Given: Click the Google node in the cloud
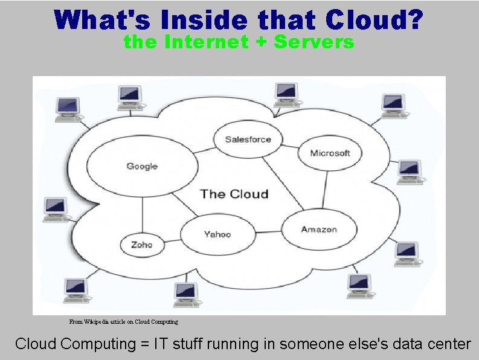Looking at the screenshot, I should point(142,166).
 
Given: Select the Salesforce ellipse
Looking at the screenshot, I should point(248,140).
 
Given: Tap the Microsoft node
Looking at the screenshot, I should point(329,153).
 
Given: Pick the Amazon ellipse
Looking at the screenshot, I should point(319,230).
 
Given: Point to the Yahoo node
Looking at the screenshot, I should point(217,234).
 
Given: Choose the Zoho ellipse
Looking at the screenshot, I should point(141,245).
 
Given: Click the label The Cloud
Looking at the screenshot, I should point(234,194).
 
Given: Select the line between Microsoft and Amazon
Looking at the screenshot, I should point(325,189).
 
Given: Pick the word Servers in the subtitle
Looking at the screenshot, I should point(317,42).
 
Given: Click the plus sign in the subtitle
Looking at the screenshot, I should point(262,43).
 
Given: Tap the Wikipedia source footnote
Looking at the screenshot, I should point(124,322).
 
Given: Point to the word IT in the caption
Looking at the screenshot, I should point(162,344).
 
